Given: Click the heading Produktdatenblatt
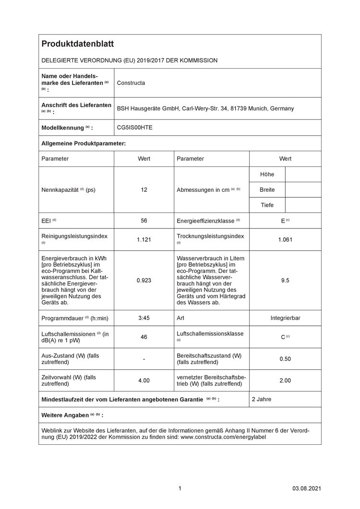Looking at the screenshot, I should click(78, 44).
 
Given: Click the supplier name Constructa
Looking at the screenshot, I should click(131, 83).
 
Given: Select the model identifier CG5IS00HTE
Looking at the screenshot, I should click(135, 128).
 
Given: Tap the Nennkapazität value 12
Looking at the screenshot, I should click(144, 190).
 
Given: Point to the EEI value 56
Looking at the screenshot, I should click(144, 221).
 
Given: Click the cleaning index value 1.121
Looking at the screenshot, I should click(144, 240).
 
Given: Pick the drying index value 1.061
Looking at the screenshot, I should click(285, 240).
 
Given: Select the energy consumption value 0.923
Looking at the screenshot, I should click(144, 280).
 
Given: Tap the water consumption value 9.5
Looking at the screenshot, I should click(285, 280).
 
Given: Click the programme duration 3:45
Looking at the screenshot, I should click(144, 318).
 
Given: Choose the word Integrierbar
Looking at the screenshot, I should click(285, 318).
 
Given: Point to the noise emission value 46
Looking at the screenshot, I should click(144, 337).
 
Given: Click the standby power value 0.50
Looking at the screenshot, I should click(285, 359).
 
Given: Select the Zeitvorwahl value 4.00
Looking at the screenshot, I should click(144, 380).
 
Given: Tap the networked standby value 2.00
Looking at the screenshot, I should click(285, 380).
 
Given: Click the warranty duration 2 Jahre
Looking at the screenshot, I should click(262, 399).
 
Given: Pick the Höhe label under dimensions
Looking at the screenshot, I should click(267, 175).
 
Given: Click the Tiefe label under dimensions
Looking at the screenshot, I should click(267, 205).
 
